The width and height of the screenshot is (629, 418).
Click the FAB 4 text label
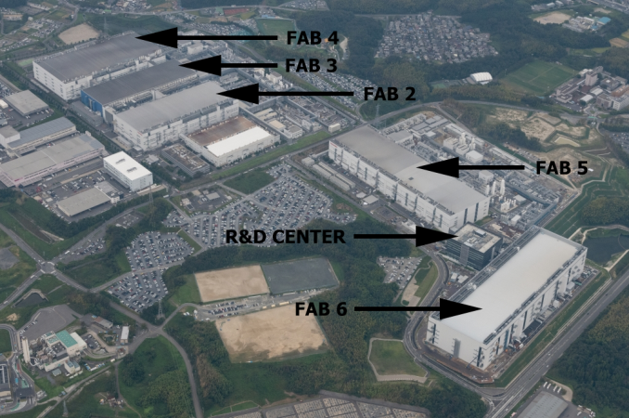tap(313, 38)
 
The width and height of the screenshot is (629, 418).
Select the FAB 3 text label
tap(311, 65)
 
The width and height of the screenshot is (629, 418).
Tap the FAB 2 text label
tap(389, 94)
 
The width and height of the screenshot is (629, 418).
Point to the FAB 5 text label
tap(561, 168)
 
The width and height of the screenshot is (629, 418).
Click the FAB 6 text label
tap(321, 309)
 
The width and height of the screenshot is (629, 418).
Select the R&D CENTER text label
tap(285, 237)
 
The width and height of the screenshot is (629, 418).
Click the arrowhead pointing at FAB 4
tap(157, 38)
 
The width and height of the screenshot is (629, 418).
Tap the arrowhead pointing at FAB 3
tap(200, 65)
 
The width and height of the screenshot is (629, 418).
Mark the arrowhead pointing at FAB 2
tap(237, 94)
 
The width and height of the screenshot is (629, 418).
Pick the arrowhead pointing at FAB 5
tap(438, 167)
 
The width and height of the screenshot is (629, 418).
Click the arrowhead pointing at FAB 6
tap(460, 308)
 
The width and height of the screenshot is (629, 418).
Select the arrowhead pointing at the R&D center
tap(436, 237)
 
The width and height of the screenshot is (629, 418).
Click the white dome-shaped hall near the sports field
tap(481, 77)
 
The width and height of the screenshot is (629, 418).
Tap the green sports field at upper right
tap(539, 76)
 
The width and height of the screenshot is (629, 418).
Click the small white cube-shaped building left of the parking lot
tap(128, 171)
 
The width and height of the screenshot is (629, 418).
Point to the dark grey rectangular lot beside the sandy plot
tap(300, 276)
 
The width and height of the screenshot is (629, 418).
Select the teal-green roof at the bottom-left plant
tap(67, 339)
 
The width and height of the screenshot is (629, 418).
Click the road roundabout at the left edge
tap(47, 267)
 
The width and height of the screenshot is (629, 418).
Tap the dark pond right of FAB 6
tap(604, 248)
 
